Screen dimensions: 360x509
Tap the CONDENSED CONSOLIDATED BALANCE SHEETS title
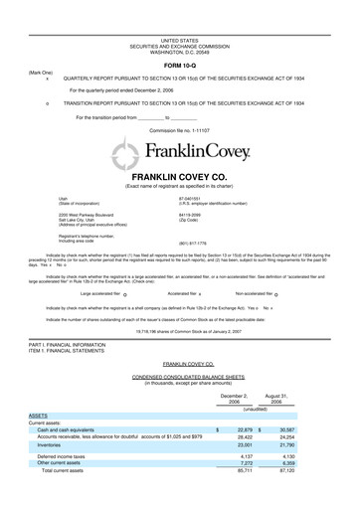(179, 379)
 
